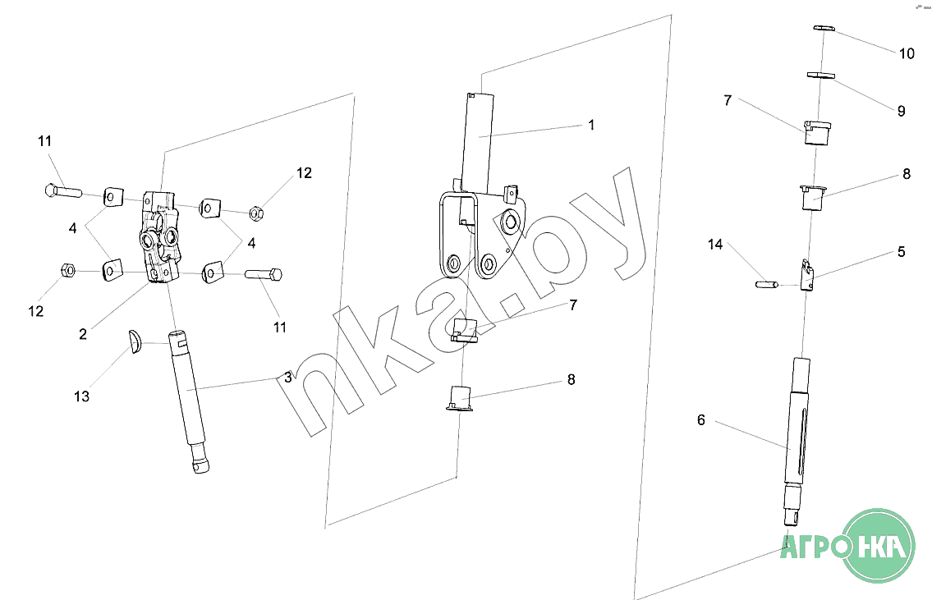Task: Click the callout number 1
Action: point(591,126)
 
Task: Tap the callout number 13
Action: point(81,396)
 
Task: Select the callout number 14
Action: point(715,245)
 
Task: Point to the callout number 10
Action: point(907,54)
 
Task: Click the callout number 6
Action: point(701,420)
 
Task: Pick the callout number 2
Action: point(83,334)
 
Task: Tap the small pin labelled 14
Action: point(767,285)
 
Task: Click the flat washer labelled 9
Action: point(821,76)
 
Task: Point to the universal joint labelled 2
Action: point(159,238)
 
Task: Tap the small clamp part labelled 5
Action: point(807,275)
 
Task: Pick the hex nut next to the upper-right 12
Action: point(256,213)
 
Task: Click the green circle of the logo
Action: point(879,545)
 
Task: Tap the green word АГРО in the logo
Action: point(813,546)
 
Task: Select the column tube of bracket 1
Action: point(479,144)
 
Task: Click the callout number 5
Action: point(901,252)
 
